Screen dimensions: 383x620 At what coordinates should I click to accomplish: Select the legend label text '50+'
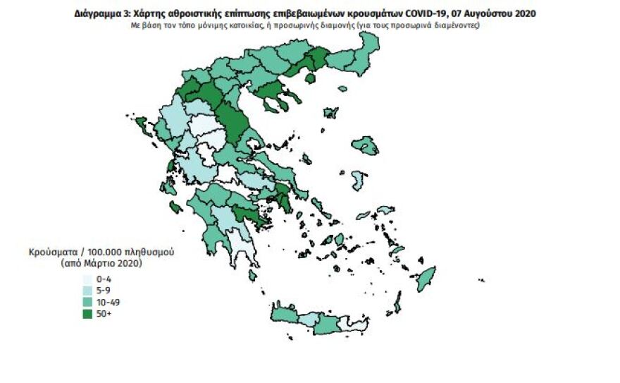104,312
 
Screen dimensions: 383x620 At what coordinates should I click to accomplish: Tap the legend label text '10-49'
107,301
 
